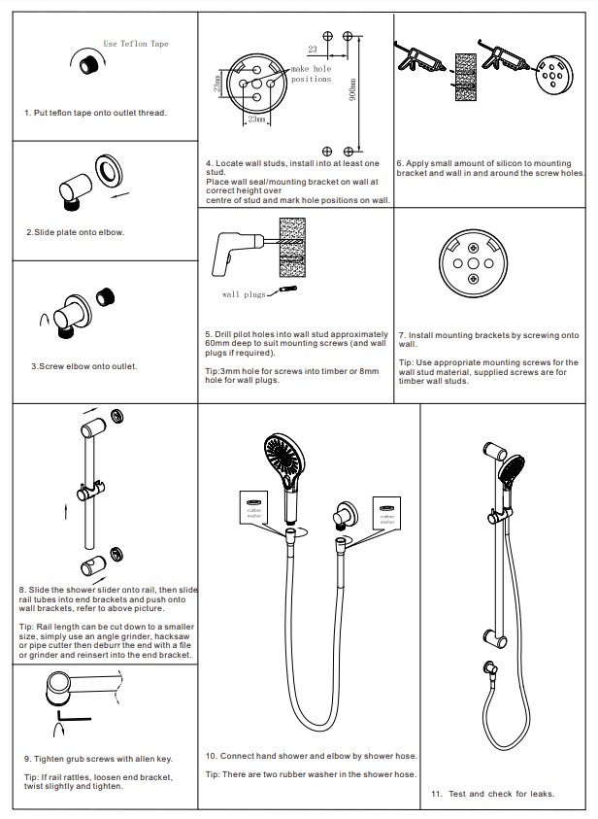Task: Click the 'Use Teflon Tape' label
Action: click(136, 44)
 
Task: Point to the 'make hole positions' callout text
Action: click(312, 74)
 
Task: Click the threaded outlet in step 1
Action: click(91, 65)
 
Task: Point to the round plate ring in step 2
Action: click(109, 171)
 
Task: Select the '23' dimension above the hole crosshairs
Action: click(313, 48)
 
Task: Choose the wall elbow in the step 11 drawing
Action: click(485, 669)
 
